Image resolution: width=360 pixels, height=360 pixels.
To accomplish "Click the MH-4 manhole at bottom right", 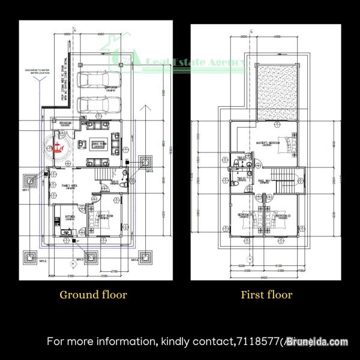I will point(145,258).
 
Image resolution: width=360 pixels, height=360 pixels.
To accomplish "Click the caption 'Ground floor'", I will point(93,295).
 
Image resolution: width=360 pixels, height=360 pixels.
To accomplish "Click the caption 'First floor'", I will point(266,295).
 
